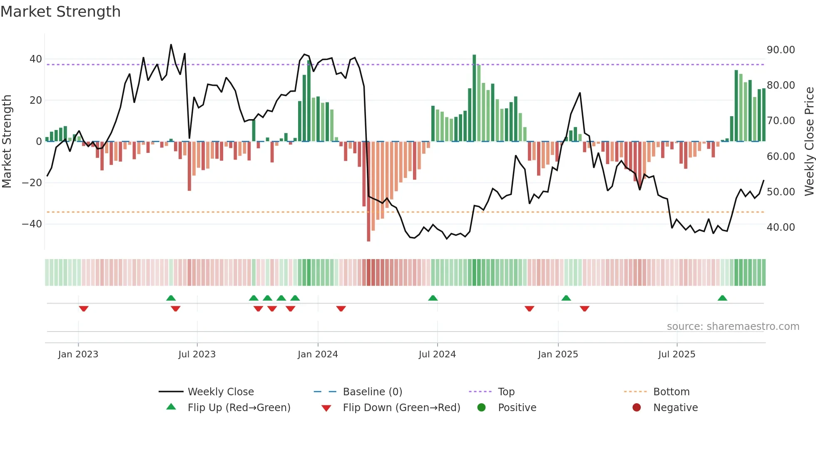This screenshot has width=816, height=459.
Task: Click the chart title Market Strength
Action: coord(60,12)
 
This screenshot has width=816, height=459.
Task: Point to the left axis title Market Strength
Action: coord(7,141)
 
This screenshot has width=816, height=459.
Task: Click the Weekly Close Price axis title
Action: coord(809,141)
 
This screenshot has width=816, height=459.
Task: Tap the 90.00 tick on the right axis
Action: coord(781,50)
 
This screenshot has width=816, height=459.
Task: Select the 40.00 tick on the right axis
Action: coord(781,227)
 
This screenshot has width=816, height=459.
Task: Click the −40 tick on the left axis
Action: coord(32,224)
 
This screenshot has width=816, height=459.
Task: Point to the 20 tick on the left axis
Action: coord(35,100)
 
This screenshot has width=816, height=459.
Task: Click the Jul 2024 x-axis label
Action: coord(437,354)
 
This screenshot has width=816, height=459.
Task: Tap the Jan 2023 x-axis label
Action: coord(78,354)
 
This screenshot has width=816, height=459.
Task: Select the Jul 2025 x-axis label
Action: coord(677,354)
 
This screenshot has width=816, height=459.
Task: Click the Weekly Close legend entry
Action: coord(220,392)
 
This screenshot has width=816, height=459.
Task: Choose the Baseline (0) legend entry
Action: coord(372,392)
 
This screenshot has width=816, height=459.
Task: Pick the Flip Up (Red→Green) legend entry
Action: coord(239,408)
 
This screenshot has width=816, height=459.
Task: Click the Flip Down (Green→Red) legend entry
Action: coord(401,408)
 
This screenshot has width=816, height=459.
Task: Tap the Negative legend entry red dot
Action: coord(637,408)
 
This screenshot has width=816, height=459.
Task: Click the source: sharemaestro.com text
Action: coord(733,327)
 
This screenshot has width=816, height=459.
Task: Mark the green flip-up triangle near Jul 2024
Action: coord(433,298)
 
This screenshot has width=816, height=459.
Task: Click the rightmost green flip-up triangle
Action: coord(722,298)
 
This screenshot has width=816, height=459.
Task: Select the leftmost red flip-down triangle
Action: coord(84,309)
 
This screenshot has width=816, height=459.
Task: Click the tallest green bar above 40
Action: coord(474,98)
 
